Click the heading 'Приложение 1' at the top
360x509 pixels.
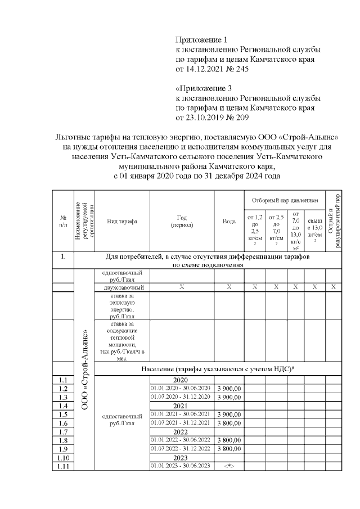click(x=201, y=40)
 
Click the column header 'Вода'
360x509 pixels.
click(x=229, y=221)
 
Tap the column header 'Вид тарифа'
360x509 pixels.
click(x=122, y=221)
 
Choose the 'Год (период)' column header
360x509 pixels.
click(x=182, y=221)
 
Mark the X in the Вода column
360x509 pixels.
click(x=229, y=287)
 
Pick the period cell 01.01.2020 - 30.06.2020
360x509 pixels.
click(x=180, y=388)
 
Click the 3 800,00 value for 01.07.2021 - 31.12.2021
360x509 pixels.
click(x=229, y=423)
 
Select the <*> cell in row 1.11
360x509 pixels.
click(x=229, y=466)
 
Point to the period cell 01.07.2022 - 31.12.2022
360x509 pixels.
click(x=180, y=449)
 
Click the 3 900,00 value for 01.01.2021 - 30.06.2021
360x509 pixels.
click(x=229, y=415)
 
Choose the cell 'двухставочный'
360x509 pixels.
click(x=122, y=287)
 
